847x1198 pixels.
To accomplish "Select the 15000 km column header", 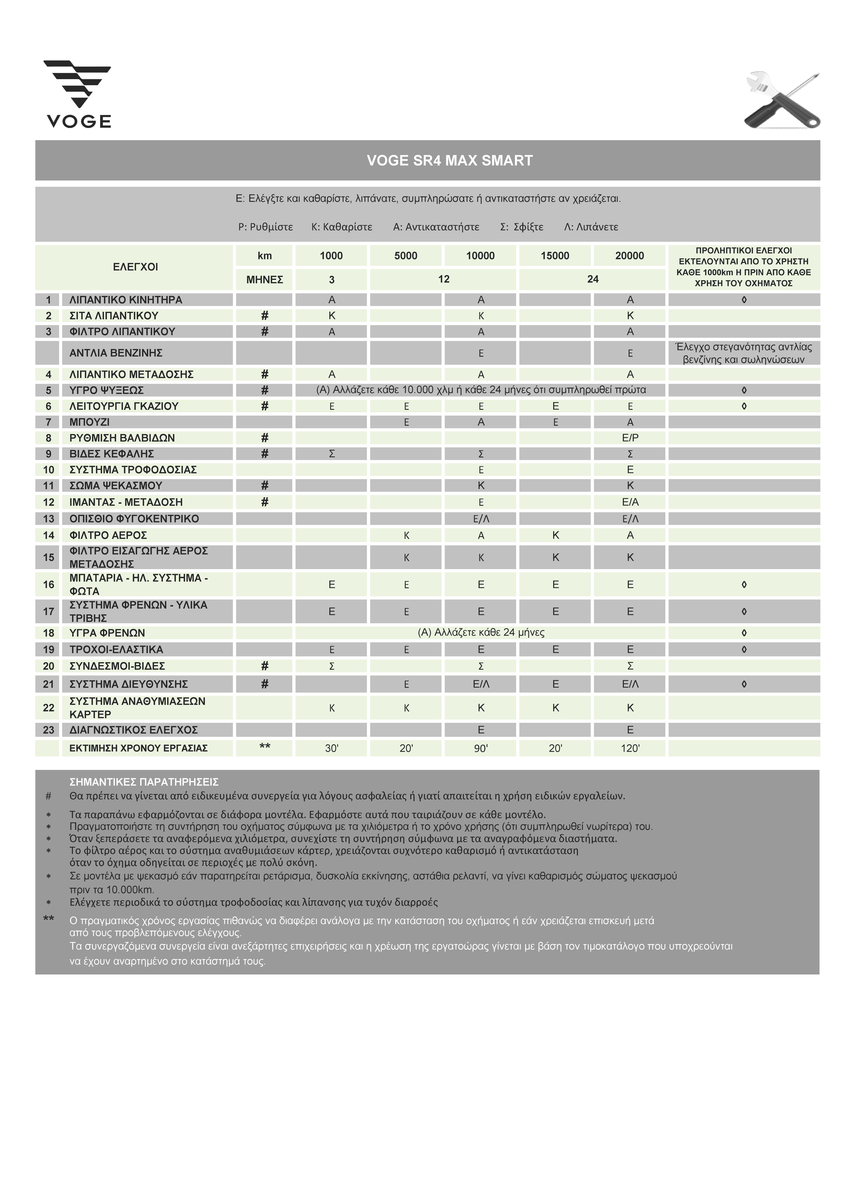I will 555,256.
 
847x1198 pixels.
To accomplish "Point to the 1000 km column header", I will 331,256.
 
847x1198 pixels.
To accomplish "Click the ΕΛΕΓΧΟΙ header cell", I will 135,267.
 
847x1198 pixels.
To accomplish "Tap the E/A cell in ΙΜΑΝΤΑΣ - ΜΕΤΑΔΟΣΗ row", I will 630,502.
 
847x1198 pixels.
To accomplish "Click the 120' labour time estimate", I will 630,748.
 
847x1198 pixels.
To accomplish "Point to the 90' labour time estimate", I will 481,748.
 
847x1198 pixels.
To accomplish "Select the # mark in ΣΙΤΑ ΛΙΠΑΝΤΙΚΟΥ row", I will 265,316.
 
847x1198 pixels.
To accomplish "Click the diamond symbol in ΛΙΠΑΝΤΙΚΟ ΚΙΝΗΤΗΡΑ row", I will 744,300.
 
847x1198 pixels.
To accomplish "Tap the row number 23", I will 48,730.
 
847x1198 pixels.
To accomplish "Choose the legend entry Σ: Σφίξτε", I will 521,227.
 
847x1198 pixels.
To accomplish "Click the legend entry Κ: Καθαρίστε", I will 342,227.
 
